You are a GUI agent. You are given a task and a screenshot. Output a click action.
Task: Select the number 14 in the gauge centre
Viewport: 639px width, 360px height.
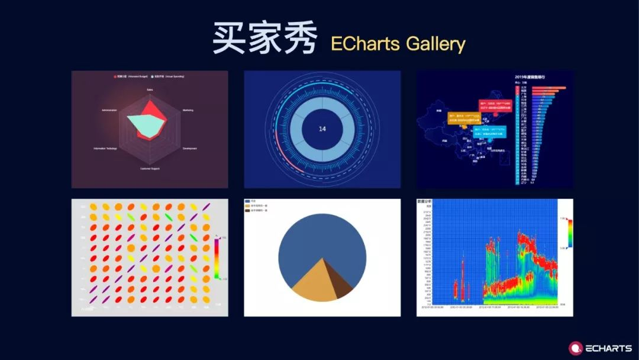point(322,129)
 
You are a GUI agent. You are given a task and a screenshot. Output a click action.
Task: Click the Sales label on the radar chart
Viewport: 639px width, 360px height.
point(150,90)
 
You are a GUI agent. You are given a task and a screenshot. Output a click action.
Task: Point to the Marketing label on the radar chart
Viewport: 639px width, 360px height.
point(188,110)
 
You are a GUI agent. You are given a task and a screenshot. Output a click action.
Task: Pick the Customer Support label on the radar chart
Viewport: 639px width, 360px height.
point(150,169)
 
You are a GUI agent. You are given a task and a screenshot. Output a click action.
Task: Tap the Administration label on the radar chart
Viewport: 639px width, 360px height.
point(109,110)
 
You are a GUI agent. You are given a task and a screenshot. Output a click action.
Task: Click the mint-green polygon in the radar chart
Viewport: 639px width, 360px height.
point(146,123)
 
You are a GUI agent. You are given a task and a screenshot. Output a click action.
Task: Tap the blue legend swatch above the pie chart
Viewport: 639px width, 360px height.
point(247,201)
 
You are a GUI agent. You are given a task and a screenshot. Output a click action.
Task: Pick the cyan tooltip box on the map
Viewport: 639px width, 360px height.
point(489,132)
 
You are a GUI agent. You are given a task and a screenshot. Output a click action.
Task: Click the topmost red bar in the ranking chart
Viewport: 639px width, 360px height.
point(548,88)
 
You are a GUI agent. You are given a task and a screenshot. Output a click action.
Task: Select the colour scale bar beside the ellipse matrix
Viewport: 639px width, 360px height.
point(218,258)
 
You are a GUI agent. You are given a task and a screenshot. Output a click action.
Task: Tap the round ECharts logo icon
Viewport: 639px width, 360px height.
point(575,348)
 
